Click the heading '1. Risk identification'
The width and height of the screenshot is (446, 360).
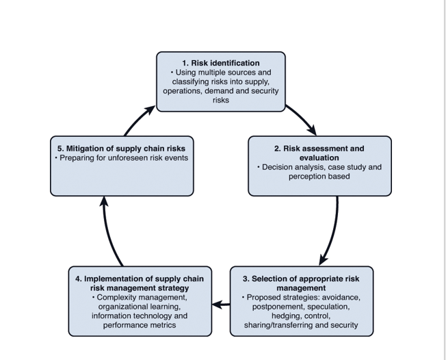coord(220,63)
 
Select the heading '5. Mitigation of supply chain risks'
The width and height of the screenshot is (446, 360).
coord(120,148)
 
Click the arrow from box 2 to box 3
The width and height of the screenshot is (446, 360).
coord(334,230)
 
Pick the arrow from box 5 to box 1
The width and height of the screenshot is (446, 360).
coord(138,119)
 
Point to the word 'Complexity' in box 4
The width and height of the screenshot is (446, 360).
coord(117,298)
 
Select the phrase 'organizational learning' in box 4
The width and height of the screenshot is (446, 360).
coord(140,307)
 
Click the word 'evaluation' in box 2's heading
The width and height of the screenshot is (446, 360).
coord(319,157)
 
